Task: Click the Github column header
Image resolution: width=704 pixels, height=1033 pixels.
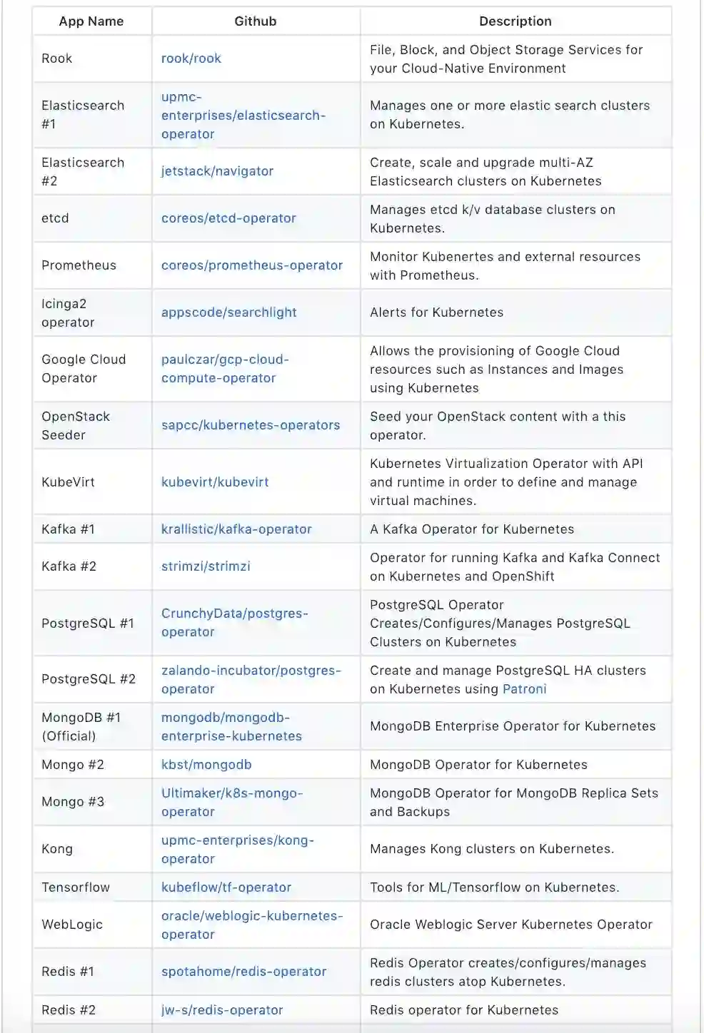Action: point(255,21)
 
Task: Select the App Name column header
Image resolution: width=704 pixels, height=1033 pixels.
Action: point(91,21)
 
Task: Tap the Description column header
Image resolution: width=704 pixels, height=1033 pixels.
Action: point(515,21)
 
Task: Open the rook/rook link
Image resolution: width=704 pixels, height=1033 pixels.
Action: point(191,58)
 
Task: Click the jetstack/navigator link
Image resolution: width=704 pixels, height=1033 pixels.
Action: point(217,171)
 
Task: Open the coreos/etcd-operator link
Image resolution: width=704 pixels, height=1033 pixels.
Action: point(228,218)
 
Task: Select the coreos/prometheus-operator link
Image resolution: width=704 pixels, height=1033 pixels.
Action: point(251,265)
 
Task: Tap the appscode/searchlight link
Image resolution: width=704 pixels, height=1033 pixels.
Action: point(228,312)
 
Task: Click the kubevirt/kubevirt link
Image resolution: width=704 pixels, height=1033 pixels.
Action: point(215,482)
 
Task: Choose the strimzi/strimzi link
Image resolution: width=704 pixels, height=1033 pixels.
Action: point(206,566)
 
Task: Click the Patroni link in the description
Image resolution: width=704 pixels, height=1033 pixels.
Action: point(524,689)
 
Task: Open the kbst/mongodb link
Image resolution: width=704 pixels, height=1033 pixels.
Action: point(206,765)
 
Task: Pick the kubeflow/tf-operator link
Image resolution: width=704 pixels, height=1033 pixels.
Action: point(226,887)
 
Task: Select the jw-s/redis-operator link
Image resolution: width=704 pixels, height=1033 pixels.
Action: point(222,1010)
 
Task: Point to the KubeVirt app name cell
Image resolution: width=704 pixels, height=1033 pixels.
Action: point(68,482)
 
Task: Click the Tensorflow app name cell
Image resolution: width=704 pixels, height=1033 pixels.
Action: point(76,887)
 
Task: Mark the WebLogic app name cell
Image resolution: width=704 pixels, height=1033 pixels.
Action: point(72,925)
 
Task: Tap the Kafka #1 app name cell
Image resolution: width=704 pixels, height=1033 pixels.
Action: point(68,529)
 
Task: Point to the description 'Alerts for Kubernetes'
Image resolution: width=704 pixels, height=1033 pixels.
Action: point(436,312)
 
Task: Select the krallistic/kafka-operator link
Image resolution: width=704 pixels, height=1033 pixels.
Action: point(236,529)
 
